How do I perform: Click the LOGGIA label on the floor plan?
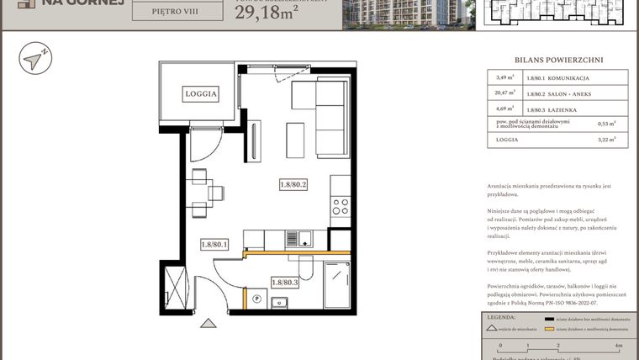tap(201, 95)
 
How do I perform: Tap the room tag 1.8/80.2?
tap(293, 187)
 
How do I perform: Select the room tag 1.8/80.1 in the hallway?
tap(214, 245)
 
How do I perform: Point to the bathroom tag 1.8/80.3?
tap(285, 283)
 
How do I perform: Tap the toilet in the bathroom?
tap(306, 268)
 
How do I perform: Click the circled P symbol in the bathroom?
tap(256, 298)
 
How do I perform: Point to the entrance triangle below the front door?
tap(207, 321)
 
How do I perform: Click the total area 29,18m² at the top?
tap(270, 13)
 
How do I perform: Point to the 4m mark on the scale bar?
tap(617, 345)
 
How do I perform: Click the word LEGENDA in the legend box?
tap(501, 318)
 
